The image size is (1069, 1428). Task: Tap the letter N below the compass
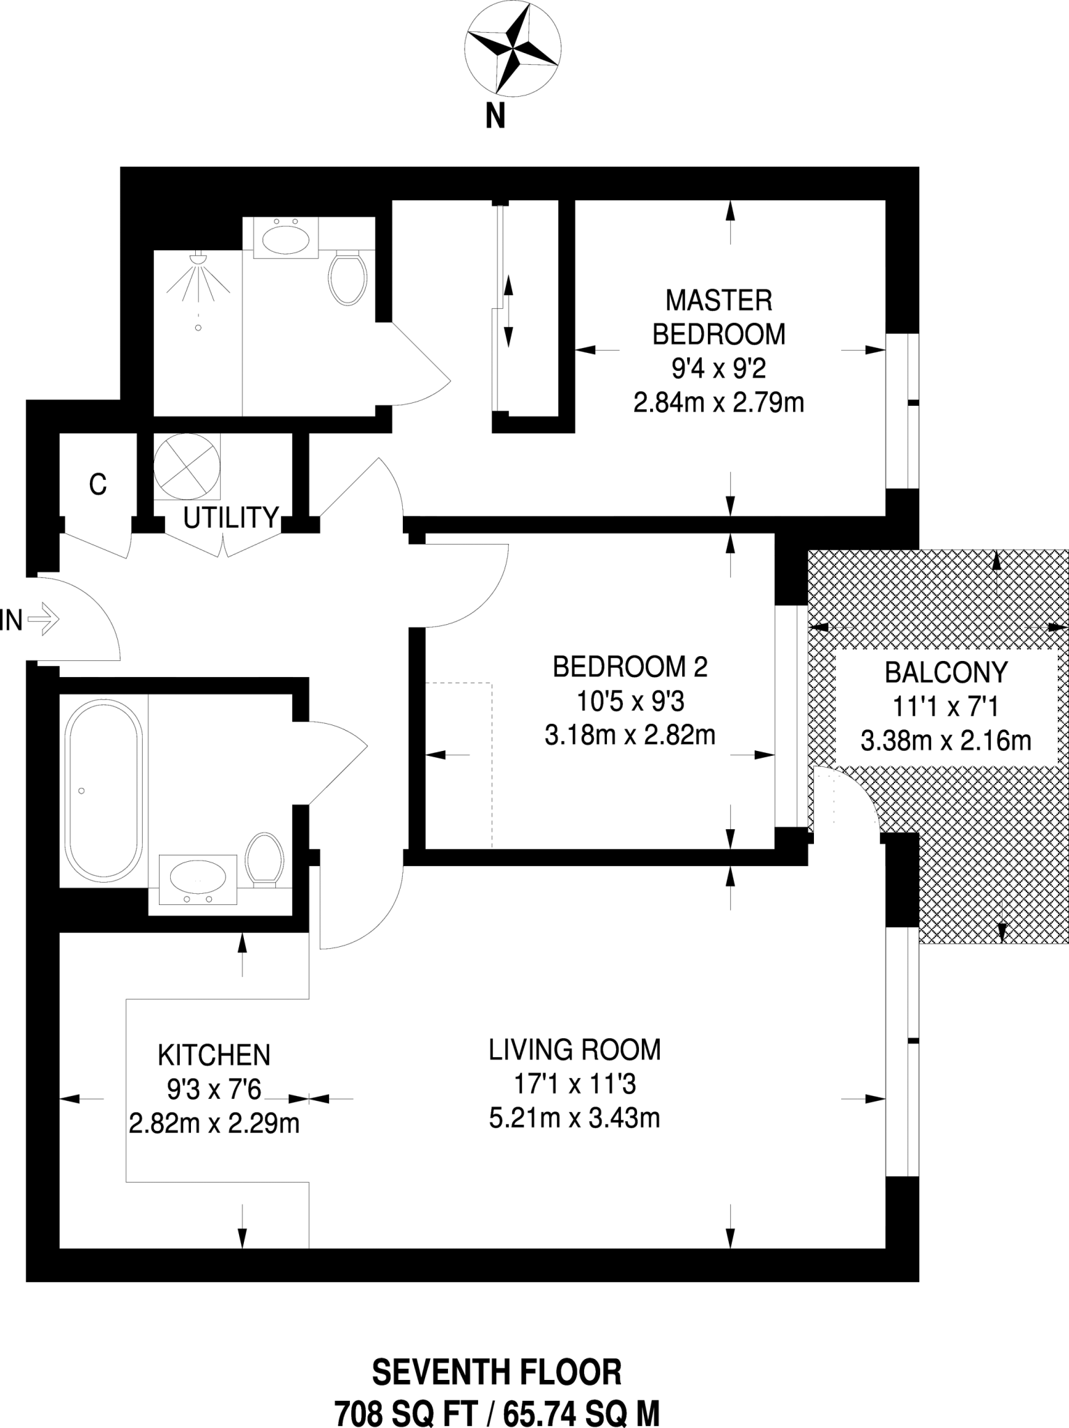click(495, 116)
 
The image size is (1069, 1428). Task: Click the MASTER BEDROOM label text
click(718, 317)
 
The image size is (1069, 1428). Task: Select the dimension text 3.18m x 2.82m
click(630, 735)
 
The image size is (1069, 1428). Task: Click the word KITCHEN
click(214, 1055)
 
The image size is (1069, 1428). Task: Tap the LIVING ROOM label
click(574, 1049)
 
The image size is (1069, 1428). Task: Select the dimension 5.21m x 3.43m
click(574, 1118)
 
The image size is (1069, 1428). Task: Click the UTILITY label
click(231, 517)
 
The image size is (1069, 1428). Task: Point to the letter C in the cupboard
click(98, 484)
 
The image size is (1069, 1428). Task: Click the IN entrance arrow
click(46, 618)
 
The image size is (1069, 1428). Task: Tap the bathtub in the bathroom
click(104, 791)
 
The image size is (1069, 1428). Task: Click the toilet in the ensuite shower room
click(348, 278)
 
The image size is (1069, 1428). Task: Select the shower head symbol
click(199, 259)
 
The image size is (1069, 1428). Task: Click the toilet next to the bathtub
click(264, 859)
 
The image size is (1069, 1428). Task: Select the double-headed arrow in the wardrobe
click(508, 311)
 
